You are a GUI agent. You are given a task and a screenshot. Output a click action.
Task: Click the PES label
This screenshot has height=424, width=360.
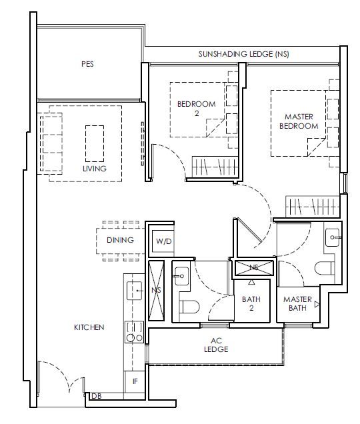87,64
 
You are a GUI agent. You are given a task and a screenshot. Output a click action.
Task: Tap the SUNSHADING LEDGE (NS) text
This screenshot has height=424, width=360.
244,54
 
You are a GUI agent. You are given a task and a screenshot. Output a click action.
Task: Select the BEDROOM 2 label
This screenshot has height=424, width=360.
197,109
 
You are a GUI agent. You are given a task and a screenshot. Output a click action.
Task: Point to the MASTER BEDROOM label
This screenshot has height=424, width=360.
299,121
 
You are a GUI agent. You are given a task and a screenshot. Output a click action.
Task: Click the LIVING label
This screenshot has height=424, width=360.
95,169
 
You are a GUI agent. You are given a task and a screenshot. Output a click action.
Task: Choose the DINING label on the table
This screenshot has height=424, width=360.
120,240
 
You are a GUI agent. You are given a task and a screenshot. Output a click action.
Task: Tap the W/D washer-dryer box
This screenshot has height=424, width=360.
163,241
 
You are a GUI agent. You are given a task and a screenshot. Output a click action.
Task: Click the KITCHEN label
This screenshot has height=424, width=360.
89,327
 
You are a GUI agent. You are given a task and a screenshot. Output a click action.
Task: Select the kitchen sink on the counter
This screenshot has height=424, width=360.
135,291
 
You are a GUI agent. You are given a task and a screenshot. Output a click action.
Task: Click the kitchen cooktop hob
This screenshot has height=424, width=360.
135,332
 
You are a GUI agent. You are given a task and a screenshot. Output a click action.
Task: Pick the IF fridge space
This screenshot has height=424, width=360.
135,381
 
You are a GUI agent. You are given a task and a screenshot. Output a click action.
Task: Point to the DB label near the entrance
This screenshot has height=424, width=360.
97,396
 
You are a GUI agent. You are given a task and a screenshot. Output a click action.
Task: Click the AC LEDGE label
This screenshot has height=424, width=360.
216,345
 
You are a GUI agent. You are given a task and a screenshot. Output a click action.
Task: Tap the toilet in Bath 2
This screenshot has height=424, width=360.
189,307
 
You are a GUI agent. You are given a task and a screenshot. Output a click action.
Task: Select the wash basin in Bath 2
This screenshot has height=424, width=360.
181,276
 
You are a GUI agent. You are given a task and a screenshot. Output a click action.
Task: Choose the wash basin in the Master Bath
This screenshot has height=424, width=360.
333,237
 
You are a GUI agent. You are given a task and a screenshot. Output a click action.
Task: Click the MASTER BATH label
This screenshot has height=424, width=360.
297,304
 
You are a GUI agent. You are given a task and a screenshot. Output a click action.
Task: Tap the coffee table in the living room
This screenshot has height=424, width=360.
95,143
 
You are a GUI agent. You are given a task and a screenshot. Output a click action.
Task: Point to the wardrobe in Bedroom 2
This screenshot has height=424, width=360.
215,167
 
